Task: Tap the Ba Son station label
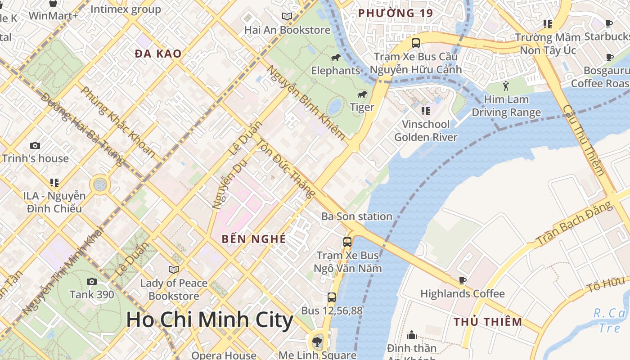click(356, 216)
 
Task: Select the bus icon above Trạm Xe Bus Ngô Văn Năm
click(347, 242)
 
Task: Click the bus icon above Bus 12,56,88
click(332, 297)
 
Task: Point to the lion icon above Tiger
click(362, 94)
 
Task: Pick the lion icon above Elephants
click(336, 57)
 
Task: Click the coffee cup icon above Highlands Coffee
click(462, 281)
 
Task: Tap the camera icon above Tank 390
click(92, 282)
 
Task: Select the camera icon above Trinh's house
click(35, 145)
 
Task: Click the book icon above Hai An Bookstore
click(287, 17)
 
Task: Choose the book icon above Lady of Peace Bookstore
click(174, 270)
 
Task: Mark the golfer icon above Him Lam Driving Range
click(506, 86)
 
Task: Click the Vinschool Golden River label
click(425, 130)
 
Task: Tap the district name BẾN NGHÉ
click(254, 239)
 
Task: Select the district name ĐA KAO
click(158, 54)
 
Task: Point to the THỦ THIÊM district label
click(488, 322)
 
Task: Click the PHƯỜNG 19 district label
click(396, 13)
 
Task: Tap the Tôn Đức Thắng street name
click(286, 168)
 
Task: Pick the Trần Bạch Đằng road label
click(574, 224)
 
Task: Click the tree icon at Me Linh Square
click(317, 341)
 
